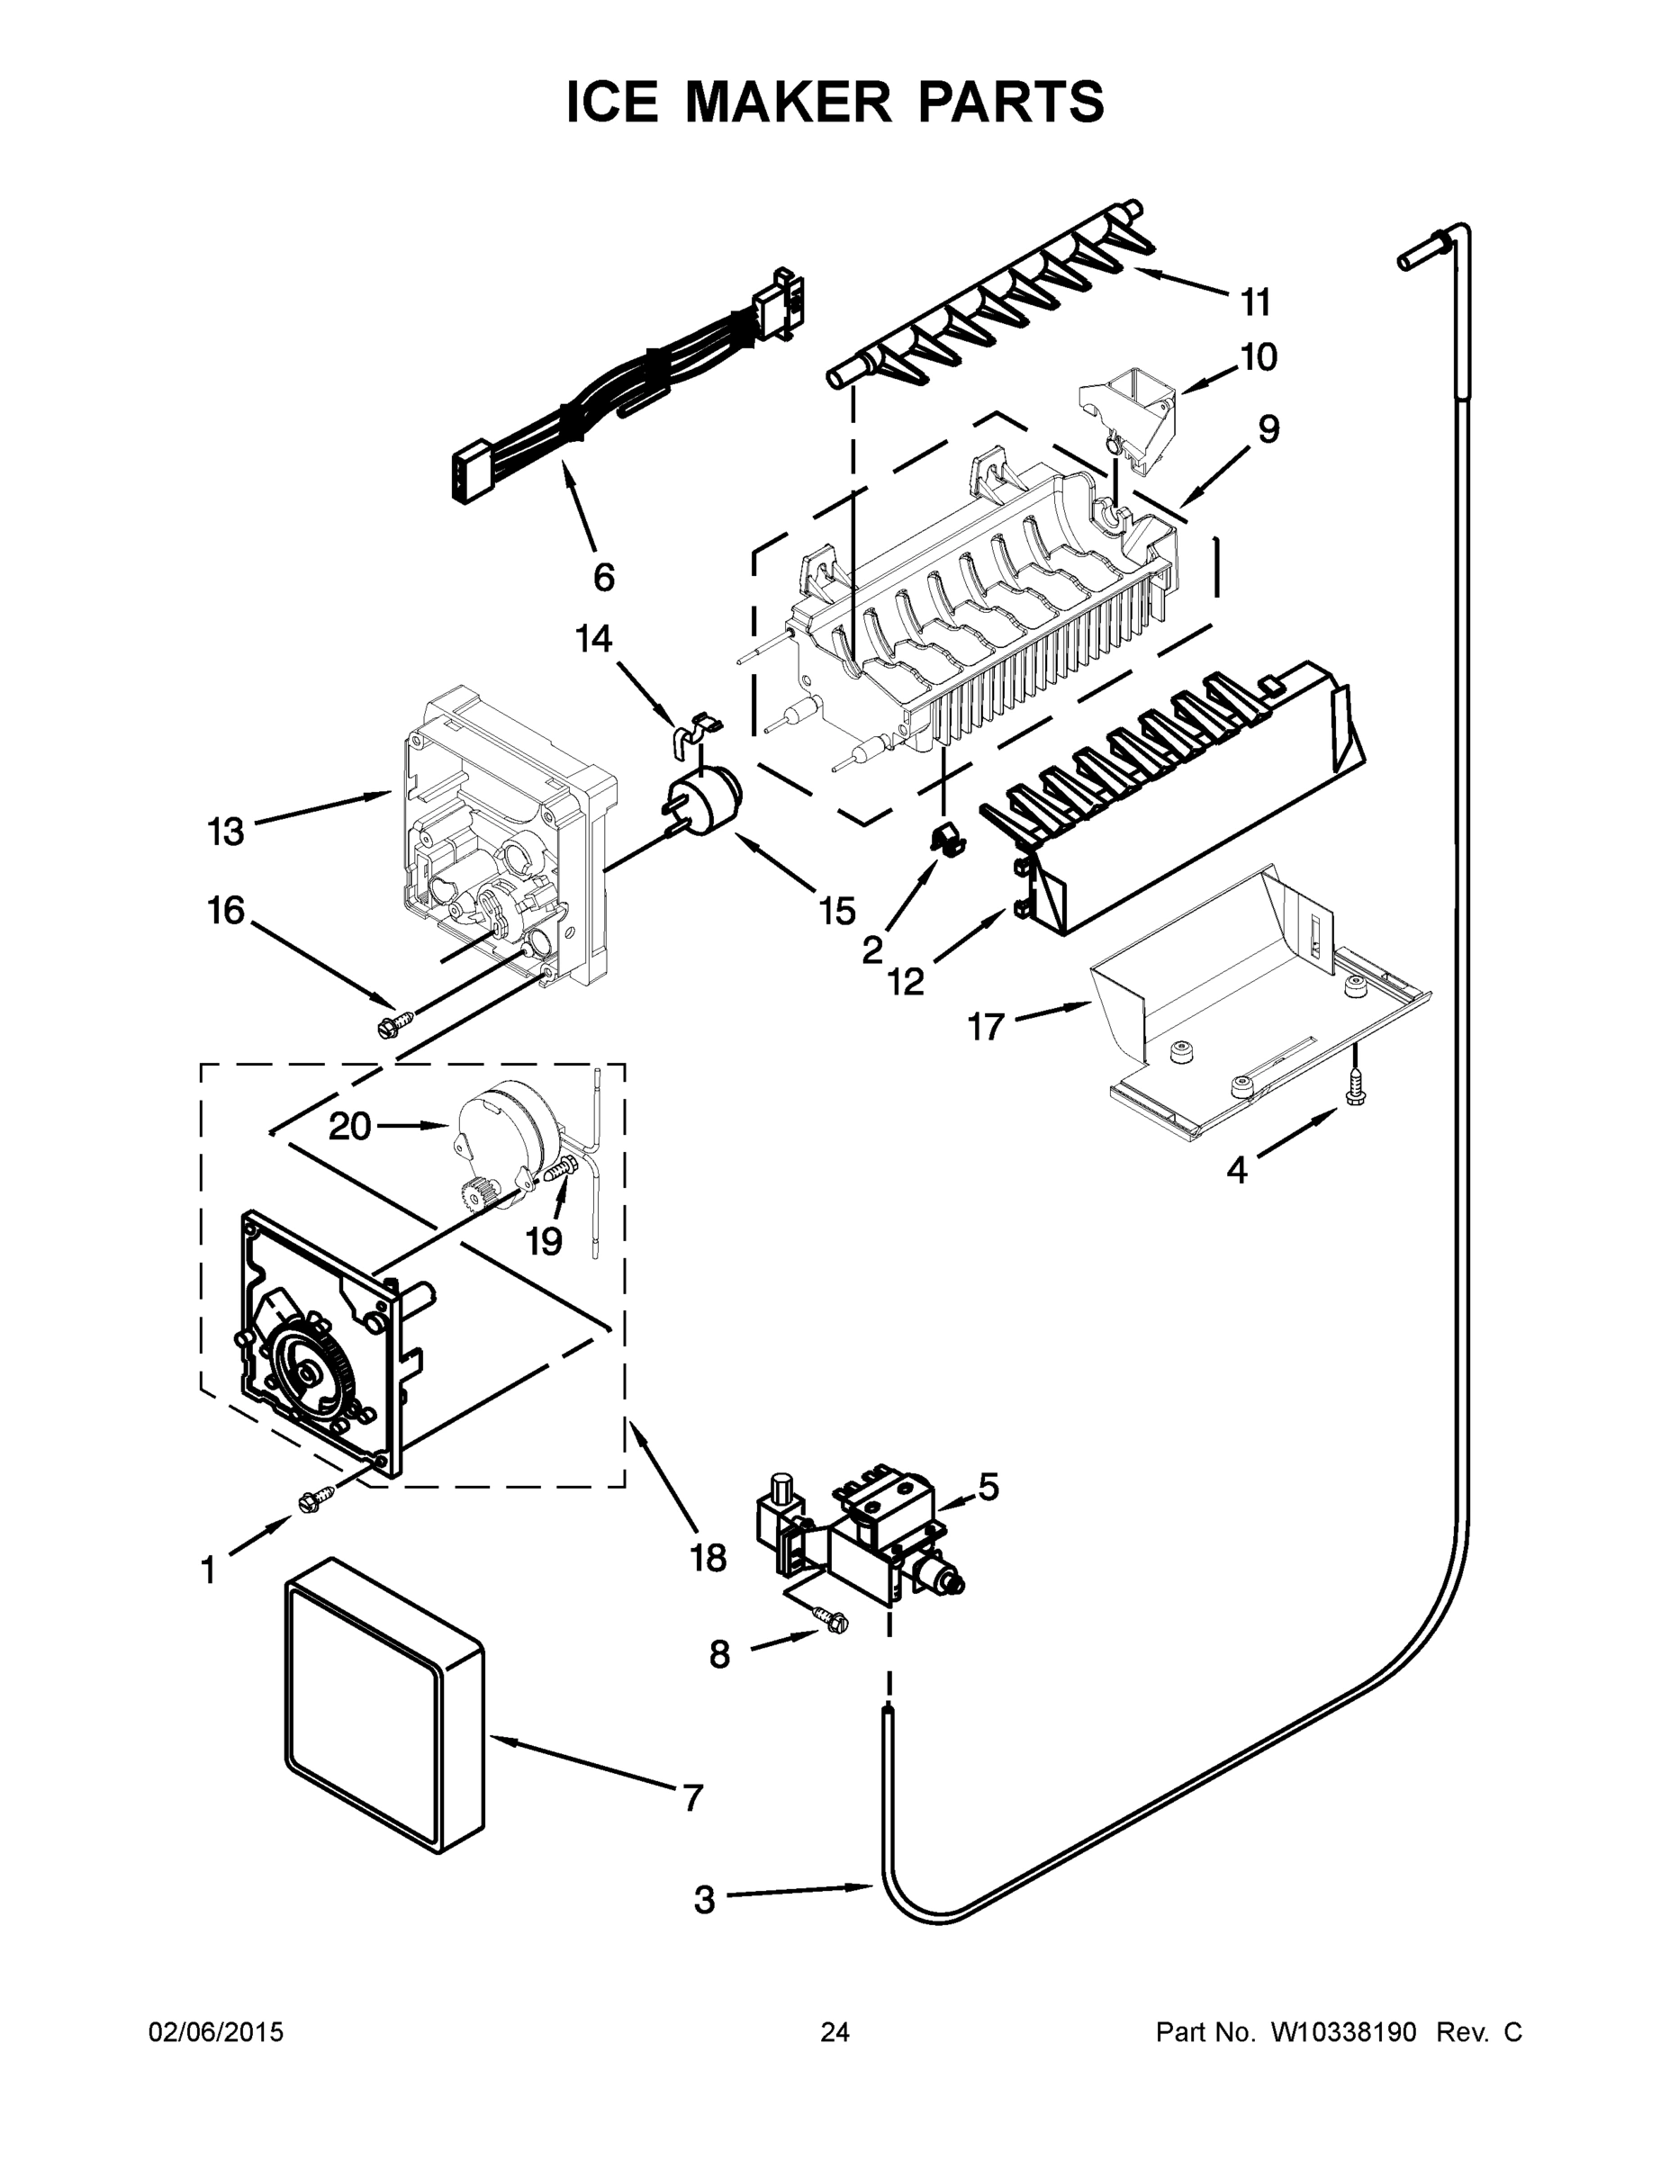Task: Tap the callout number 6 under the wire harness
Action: pos(602,577)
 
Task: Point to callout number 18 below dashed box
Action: pos(709,1558)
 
